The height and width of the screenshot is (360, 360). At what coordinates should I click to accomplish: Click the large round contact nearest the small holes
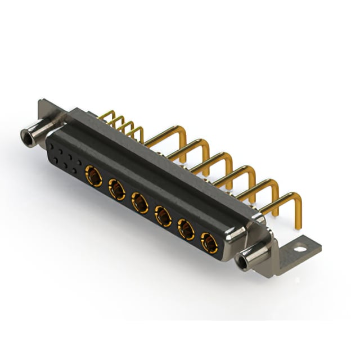pyautogui.click(x=93, y=177)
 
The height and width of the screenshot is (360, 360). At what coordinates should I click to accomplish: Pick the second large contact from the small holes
pyautogui.click(x=117, y=190)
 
